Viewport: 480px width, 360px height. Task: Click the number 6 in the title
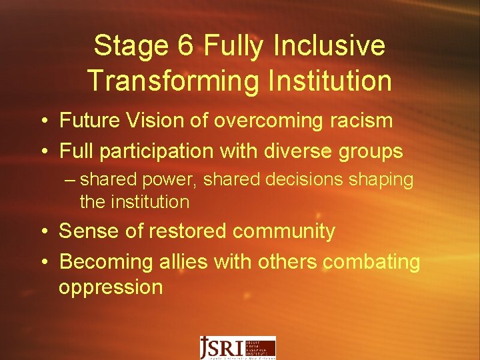[x=185, y=46]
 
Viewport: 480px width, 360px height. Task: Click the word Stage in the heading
[x=128, y=46]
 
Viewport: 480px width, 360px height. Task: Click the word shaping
[x=385, y=180]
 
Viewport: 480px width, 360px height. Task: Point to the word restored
[x=188, y=231]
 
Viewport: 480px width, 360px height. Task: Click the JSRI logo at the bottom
[x=237, y=347]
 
